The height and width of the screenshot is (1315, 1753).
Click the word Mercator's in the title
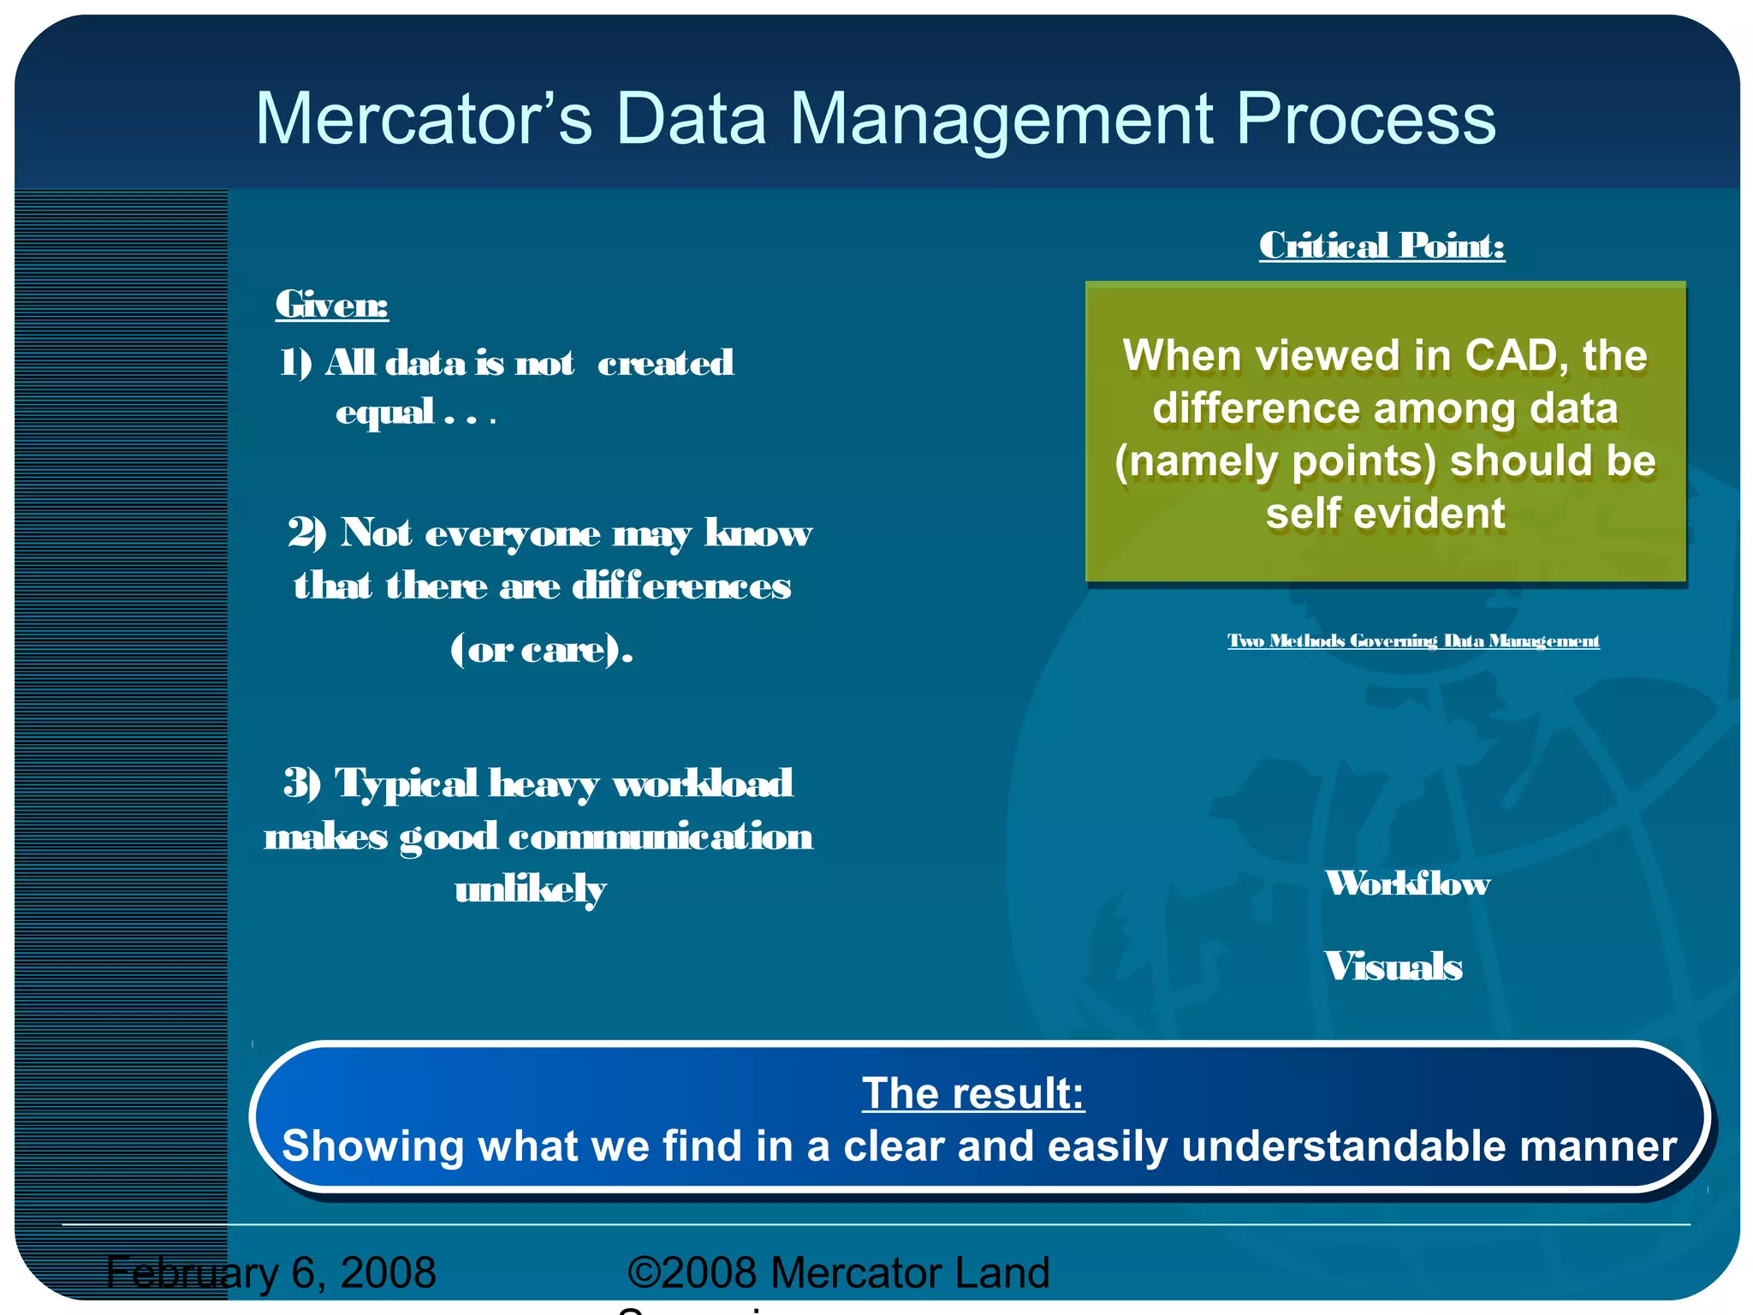coord(424,119)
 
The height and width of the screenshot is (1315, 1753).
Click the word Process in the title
coord(1365,119)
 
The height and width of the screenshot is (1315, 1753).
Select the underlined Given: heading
coord(331,305)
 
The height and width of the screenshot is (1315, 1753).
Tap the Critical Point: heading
coord(1382,246)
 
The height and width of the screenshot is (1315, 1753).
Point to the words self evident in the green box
coord(1385,514)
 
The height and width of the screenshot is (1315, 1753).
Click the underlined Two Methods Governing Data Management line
coord(1413,641)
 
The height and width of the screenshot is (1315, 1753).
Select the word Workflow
coord(1407,884)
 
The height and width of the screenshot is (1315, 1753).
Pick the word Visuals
coord(1393,967)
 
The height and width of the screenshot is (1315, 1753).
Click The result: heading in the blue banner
coord(973,1093)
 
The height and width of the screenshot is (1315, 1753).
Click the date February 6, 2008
coord(271,1272)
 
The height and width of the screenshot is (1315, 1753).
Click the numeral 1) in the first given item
coord(296,363)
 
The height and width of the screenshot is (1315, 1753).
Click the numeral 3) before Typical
coord(302,782)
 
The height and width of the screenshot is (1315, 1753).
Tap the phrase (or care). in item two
coord(542,650)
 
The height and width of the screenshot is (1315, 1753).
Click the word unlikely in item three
coord(531,890)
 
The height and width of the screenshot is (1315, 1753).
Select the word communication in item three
coord(660,836)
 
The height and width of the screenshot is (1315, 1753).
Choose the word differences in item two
coord(681,586)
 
